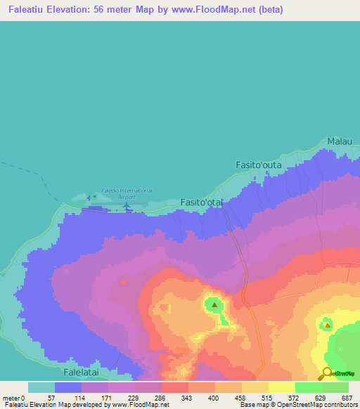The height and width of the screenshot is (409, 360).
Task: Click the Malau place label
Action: tap(340, 142)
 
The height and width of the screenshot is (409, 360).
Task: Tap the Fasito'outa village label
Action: tap(257, 165)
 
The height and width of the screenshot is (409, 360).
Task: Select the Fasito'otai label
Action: tap(202, 202)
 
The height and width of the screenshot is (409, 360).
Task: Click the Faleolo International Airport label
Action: tap(127, 194)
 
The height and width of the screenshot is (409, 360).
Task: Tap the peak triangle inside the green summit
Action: tap(214, 305)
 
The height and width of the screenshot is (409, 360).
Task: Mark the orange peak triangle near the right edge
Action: tap(327, 325)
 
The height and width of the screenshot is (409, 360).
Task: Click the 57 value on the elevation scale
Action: tap(49, 398)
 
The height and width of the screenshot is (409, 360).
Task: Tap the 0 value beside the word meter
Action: tap(22, 398)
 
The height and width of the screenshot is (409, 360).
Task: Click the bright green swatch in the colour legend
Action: tap(308, 387)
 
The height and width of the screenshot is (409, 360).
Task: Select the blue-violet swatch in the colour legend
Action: tap(68, 387)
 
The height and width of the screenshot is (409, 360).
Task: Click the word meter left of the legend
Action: tap(11, 398)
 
